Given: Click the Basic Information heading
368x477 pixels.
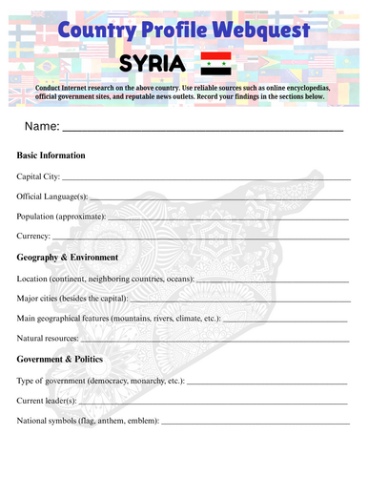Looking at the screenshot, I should [x=51, y=155].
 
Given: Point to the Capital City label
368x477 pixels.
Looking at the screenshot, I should [x=39, y=176].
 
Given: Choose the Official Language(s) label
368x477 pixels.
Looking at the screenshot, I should [x=52, y=196].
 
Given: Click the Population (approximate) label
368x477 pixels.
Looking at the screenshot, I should [x=61, y=216].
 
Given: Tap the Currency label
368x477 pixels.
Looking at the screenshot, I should [x=34, y=235].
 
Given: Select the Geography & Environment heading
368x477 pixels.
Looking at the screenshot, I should [x=68, y=258].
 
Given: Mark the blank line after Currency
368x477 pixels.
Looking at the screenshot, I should [x=200, y=237].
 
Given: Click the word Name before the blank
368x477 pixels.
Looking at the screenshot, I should [x=42, y=126].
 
